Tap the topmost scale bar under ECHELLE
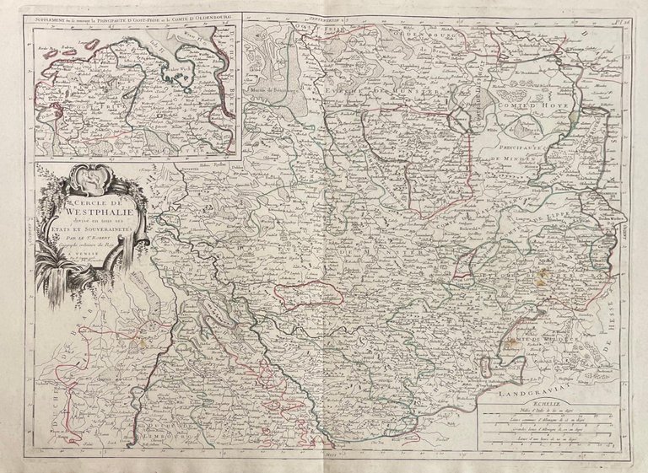(540, 416)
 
